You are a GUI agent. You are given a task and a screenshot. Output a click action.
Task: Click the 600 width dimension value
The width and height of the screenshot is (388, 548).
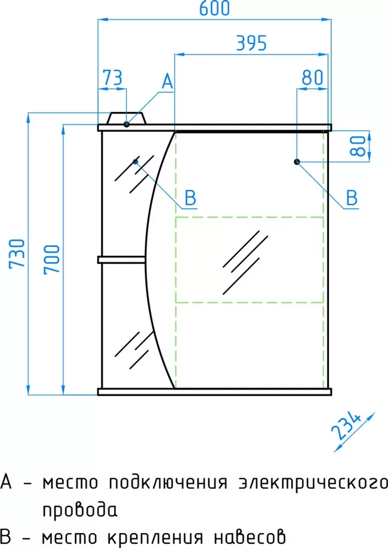point(215,8)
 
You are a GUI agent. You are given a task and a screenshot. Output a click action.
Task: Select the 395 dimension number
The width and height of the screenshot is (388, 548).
point(251,43)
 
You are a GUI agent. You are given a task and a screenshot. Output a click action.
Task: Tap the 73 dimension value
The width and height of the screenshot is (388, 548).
point(112,78)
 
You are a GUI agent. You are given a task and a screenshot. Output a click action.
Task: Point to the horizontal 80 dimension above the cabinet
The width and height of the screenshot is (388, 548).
point(312,78)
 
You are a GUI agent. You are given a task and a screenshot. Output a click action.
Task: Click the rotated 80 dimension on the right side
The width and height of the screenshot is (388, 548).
point(358,146)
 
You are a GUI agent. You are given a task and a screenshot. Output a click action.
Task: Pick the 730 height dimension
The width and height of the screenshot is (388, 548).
point(17,254)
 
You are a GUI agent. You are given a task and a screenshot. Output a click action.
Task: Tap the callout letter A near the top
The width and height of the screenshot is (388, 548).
point(168,81)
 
